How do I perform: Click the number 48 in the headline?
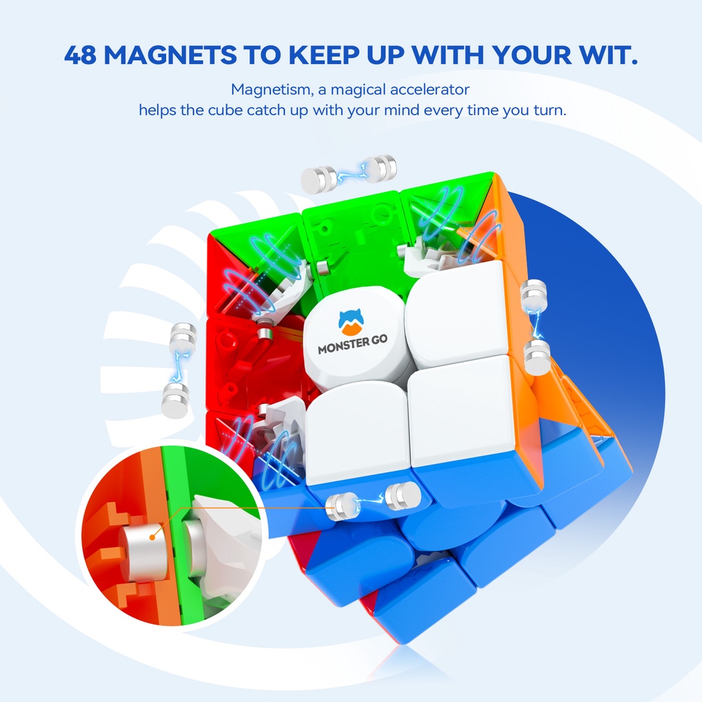pos(81,55)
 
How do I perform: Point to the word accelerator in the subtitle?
pos(428,89)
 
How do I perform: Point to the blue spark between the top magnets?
pos(350,174)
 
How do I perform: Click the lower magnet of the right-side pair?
pos(537,357)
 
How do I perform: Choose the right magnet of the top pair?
pos(380,169)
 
